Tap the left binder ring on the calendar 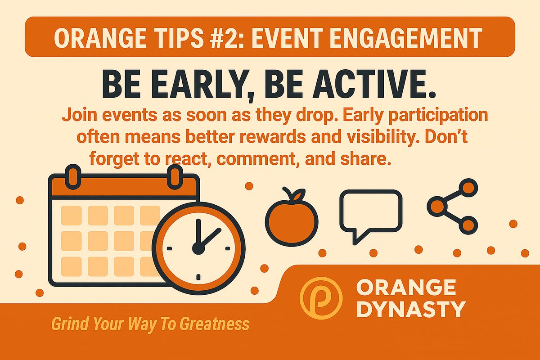click(x=72, y=176)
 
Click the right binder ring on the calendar click(x=174, y=176)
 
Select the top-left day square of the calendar click(x=71, y=215)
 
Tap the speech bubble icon click(x=370, y=213)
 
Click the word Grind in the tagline click(x=68, y=324)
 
